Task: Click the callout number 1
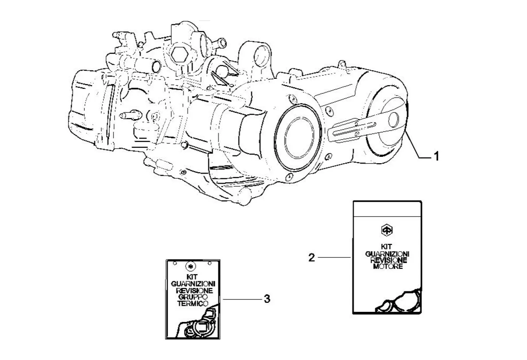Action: pos(435,156)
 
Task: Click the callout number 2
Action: pos(312,257)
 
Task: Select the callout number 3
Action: pos(266,299)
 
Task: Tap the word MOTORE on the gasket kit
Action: pos(388,267)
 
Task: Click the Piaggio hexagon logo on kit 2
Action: pos(387,230)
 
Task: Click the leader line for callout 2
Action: pos(334,257)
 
